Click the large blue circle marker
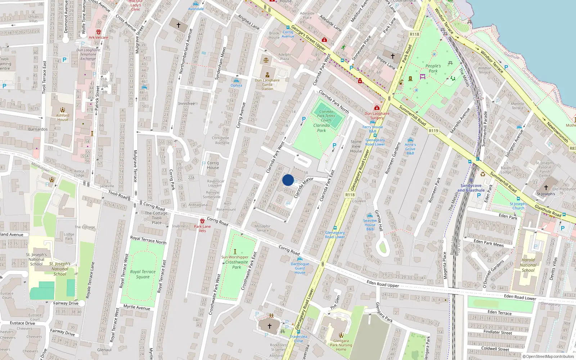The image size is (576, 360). click(288, 180)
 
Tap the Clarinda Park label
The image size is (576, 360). click(321, 128)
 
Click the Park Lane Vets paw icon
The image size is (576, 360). click(202, 221)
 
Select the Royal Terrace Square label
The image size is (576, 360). click(143, 274)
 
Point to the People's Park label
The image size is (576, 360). click(433, 68)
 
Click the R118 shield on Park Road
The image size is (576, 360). click(414, 35)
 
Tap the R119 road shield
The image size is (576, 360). click(433, 131)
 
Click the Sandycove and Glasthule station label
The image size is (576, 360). click(471, 188)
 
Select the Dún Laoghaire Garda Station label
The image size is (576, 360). click(267, 85)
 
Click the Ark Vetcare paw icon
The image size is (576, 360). click(99, 32)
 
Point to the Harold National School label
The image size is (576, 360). click(528, 265)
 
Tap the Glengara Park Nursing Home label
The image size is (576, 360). click(341, 345)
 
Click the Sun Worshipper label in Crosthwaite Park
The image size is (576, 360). click(235, 257)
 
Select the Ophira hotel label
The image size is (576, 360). click(237, 85)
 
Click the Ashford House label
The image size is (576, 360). click(63, 117)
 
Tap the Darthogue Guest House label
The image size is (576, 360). click(300, 268)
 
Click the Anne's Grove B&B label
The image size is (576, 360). click(410, 149)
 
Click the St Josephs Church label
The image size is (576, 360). click(518, 206)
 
